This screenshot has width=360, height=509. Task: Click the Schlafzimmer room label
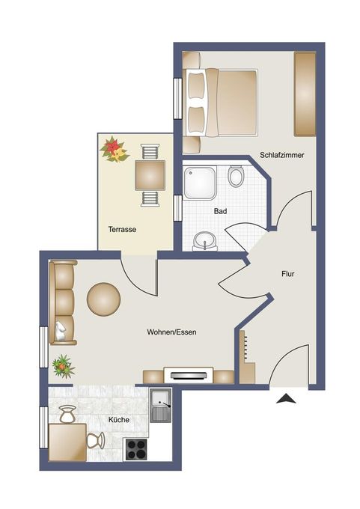(281, 155)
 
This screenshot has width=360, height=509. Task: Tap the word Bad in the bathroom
(220, 211)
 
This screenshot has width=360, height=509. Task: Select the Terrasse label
(122, 230)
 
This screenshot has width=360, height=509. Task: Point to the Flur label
(287, 274)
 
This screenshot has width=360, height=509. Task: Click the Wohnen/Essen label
(171, 332)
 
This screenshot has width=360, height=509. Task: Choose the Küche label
(119, 420)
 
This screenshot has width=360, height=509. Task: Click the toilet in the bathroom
(236, 176)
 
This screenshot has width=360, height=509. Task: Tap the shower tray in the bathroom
(200, 183)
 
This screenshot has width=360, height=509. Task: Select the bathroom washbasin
(205, 241)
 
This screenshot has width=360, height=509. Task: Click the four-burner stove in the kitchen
(136, 449)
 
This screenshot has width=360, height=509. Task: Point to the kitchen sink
(160, 406)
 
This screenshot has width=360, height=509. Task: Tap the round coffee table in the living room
(103, 299)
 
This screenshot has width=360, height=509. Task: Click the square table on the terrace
(150, 176)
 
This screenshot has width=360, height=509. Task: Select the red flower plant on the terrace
(114, 150)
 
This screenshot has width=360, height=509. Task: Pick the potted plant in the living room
(64, 367)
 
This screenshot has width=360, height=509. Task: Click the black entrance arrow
(286, 398)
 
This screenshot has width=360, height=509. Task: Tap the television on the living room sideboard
(189, 375)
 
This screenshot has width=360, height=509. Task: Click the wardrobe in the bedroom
(305, 94)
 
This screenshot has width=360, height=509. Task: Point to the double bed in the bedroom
(220, 103)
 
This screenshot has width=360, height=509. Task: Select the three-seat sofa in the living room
(62, 302)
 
